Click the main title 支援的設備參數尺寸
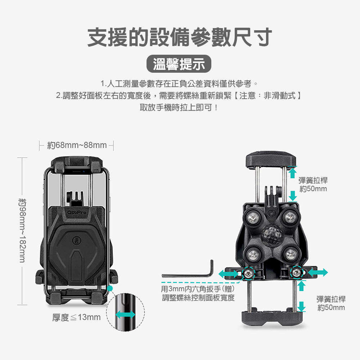[x=180, y=37]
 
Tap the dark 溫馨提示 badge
[x=179, y=65]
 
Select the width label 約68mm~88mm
[x=77, y=145]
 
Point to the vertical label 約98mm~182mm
[x=22, y=230]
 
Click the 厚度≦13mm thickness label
[x=76, y=317]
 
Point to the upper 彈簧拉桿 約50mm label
[x=313, y=184]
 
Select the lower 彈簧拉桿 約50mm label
[x=331, y=303]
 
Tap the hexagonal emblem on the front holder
[x=77, y=240]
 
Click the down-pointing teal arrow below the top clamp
[x=293, y=195]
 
